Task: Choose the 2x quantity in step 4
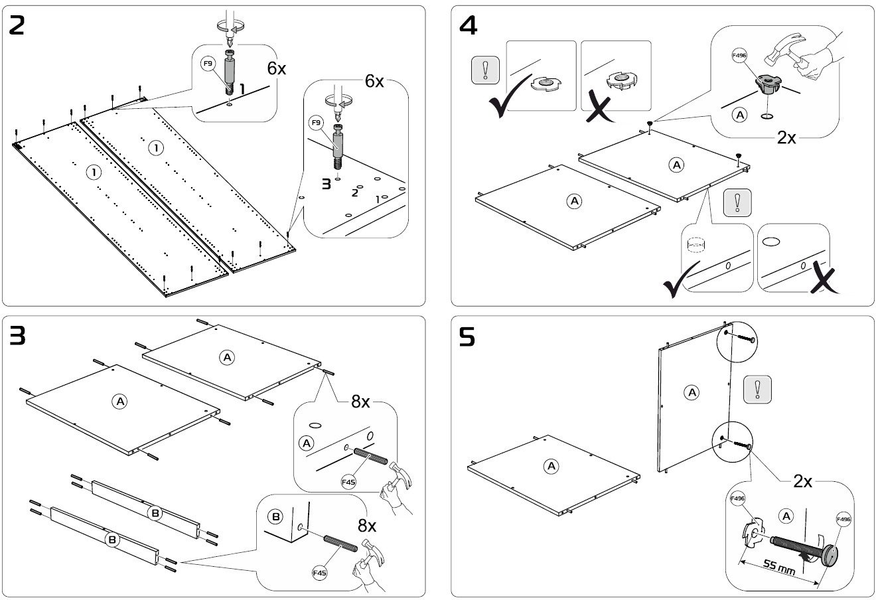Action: (790, 138)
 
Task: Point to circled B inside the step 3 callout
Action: (275, 516)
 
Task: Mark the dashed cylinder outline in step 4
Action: (696, 246)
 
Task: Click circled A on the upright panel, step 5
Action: (692, 393)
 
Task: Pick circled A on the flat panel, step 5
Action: (551, 467)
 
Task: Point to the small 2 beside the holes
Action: (354, 193)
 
